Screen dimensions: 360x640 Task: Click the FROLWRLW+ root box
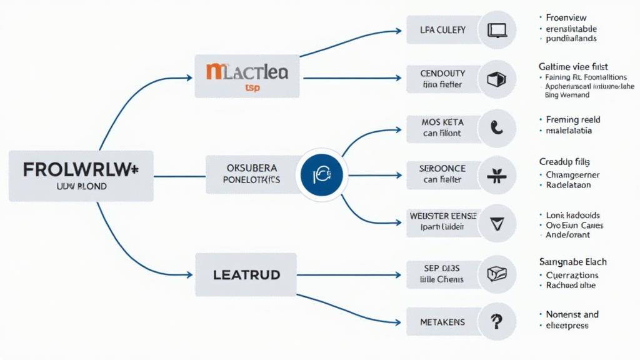pyautogui.click(x=81, y=176)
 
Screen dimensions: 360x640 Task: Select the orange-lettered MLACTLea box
pyautogui.click(x=247, y=76)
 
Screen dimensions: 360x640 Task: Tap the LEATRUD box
pyautogui.click(x=246, y=274)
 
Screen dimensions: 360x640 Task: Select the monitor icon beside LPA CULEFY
pyautogui.click(x=497, y=29)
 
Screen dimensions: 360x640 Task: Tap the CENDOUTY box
pyautogui.click(x=443, y=79)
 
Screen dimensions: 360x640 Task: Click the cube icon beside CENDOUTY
pyautogui.click(x=497, y=79)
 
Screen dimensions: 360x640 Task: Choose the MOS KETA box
pyautogui.click(x=443, y=127)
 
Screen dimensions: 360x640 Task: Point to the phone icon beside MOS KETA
pyautogui.click(x=497, y=127)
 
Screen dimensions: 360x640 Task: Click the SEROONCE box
pyautogui.click(x=443, y=175)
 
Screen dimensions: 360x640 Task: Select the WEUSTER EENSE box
pyautogui.click(x=443, y=221)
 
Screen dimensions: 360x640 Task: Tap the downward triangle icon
pyautogui.click(x=497, y=224)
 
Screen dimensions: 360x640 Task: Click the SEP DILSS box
pyautogui.click(x=443, y=274)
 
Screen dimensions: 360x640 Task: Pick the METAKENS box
pyautogui.click(x=443, y=322)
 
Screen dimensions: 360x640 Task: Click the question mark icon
pyautogui.click(x=497, y=322)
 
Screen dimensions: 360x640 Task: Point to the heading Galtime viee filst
pyautogui.click(x=573, y=66)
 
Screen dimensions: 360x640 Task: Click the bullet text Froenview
pyautogui.click(x=566, y=17)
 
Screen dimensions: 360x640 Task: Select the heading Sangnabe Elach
pyautogui.click(x=572, y=262)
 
